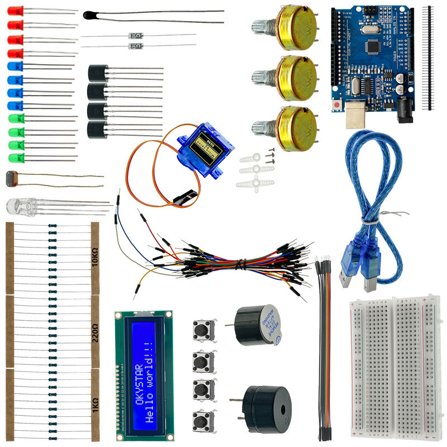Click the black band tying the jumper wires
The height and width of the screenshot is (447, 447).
point(241,263)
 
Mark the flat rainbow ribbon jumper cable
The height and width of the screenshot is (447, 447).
point(324,346)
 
